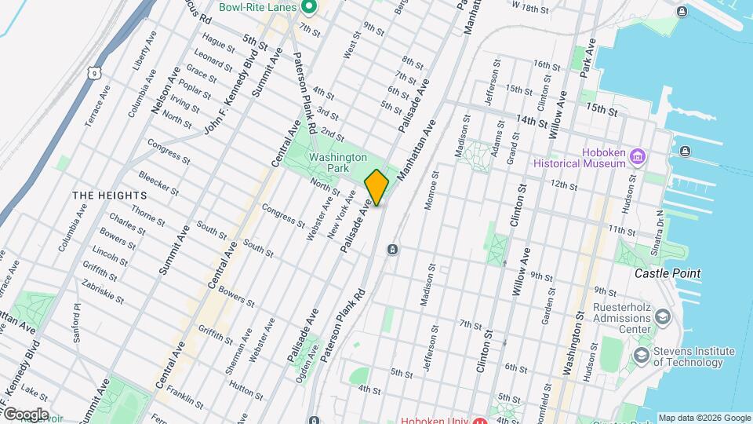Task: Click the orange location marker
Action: click(x=376, y=187)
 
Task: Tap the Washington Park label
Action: click(x=337, y=163)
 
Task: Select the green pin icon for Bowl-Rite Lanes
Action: click(x=309, y=8)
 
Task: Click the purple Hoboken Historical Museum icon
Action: click(x=638, y=157)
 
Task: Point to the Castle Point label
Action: click(x=667, y=273)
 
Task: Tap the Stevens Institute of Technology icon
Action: click(x=642, y=355)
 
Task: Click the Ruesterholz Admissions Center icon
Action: click(x=663, y=317)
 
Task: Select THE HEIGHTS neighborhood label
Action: click(x=109, y=195)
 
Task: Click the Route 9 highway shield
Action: click(x=93, y=73)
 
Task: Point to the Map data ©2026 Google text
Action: click(x=704, y=418)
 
